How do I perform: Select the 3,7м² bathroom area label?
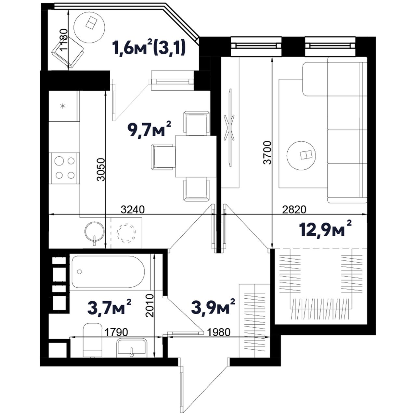pos(110,307)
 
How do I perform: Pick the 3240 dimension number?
pos(132,209)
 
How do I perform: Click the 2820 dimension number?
pos(294,209)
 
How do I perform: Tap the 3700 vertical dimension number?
pos(268,153)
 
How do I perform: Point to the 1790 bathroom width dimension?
pos(116,332)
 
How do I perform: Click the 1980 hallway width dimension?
pos(218,332)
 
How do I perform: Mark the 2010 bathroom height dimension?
pos(149,305)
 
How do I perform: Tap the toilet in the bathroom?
pos(92,340)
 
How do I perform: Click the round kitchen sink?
pos(94,232)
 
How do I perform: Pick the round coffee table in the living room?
pos(301,156)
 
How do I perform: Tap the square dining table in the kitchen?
pos(196,157)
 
